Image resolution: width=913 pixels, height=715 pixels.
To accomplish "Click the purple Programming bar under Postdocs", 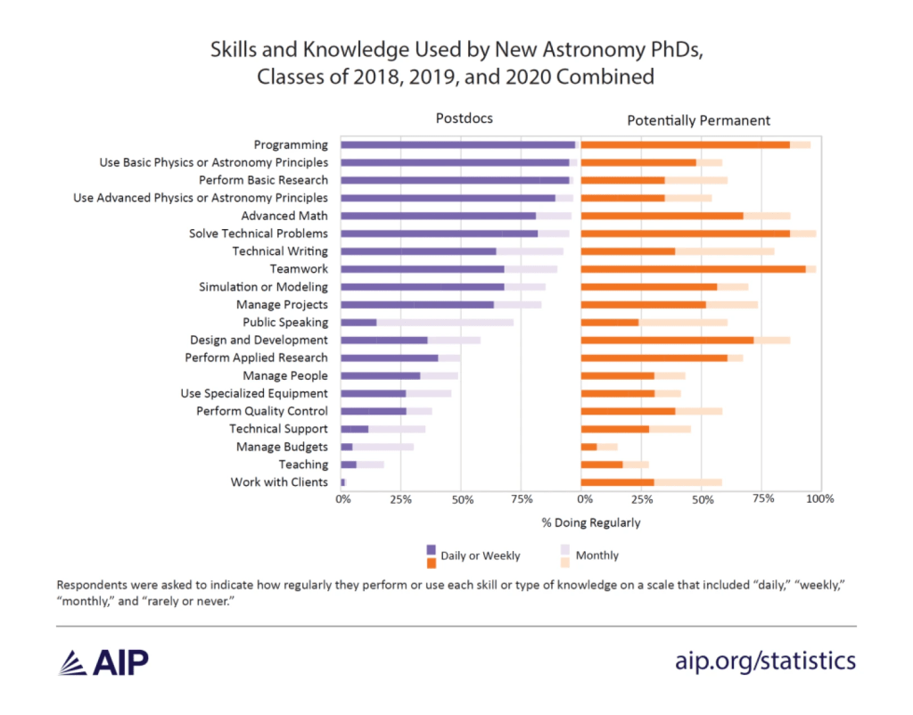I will (x=457, y=144).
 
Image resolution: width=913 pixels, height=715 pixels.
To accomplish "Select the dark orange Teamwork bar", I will (x=693, y=268).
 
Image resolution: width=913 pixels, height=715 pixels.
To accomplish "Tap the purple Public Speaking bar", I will (x=358, y=322).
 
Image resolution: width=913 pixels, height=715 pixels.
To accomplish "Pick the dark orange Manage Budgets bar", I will (x=588, y=447).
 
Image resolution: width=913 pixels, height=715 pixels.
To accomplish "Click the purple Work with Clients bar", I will (x=342, y=482).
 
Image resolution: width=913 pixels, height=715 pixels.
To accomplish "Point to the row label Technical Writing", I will (x=280, y=251).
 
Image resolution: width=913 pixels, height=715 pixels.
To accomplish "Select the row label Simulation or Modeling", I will (x=263, y=287).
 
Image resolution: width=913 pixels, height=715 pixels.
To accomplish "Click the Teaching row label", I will (x=303, y=464).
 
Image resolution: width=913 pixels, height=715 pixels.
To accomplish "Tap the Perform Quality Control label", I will (x=262, y=411).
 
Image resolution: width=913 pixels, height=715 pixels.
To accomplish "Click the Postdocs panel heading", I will (x=464, y=119).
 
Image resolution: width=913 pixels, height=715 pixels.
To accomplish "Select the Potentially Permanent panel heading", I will (x=698, y=119).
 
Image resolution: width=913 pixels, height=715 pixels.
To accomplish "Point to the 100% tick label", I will (x=819, y=499).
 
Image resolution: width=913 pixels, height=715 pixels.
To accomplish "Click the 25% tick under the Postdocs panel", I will (x=400, y=499).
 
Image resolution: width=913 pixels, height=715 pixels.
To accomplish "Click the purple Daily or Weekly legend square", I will (x=431, y=549).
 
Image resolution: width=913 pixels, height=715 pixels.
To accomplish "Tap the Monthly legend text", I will (x=596, y=555).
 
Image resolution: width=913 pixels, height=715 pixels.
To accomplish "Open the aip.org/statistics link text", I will (x=766, y=661).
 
